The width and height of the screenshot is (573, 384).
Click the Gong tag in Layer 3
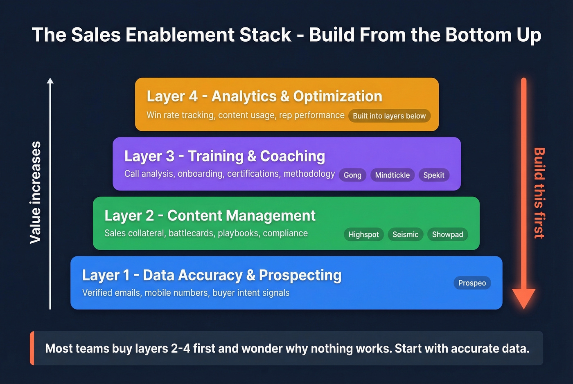pos(352,175)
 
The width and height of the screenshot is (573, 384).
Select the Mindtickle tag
pos(392,175)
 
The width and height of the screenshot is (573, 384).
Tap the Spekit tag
pos(434,175)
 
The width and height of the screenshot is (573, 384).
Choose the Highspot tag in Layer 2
pos(363,234)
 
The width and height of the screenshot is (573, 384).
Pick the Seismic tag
pos(405,234)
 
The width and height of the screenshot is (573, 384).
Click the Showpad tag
pos(447,234)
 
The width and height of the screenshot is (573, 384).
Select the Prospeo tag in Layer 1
pos(472,283)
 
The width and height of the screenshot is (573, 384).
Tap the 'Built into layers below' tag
pos(389,116)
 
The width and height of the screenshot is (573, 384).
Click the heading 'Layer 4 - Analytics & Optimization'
pos(264,96)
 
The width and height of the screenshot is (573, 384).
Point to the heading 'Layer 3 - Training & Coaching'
pos(225,156)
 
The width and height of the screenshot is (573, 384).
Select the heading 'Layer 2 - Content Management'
pos(210,216)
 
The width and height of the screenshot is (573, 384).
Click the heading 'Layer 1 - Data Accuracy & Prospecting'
pos(212,275)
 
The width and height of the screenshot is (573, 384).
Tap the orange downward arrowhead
pos(523,298)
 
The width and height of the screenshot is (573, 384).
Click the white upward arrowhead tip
pos(50,80)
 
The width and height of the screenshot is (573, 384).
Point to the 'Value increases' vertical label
pos(36,193)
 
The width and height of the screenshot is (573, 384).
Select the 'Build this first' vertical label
pos(539,193)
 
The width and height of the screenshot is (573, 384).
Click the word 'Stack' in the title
pos(265,35)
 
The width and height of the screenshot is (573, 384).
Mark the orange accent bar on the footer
pos(32,348)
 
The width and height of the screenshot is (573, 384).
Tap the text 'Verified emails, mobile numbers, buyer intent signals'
pos(186,293)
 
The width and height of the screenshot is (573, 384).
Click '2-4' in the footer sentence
pos(180,348)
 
